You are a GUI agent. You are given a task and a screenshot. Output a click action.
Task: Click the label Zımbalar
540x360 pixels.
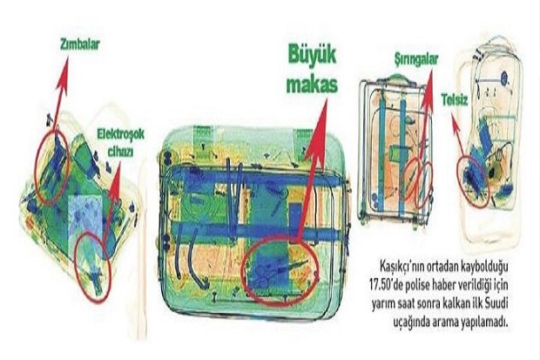(x=80, y=44)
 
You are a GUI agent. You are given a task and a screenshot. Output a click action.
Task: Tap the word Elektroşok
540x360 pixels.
(x=120, y=133)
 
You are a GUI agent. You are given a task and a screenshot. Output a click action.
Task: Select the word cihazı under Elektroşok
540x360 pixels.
(x=120, y=152)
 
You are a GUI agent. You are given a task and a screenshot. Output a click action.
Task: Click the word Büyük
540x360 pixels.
(x=312, y=56)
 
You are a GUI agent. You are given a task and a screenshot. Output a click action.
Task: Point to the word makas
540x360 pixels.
(x=312, y=85)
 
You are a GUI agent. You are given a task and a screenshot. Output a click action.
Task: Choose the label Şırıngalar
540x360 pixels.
(x=416, y=59)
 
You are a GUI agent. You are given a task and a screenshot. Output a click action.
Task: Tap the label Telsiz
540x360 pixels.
(x=455, y=100)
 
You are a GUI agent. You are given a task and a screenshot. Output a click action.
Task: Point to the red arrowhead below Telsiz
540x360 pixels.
(x=456, y=126)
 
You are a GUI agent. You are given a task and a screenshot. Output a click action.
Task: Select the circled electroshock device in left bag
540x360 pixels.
(x=92, y=266)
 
